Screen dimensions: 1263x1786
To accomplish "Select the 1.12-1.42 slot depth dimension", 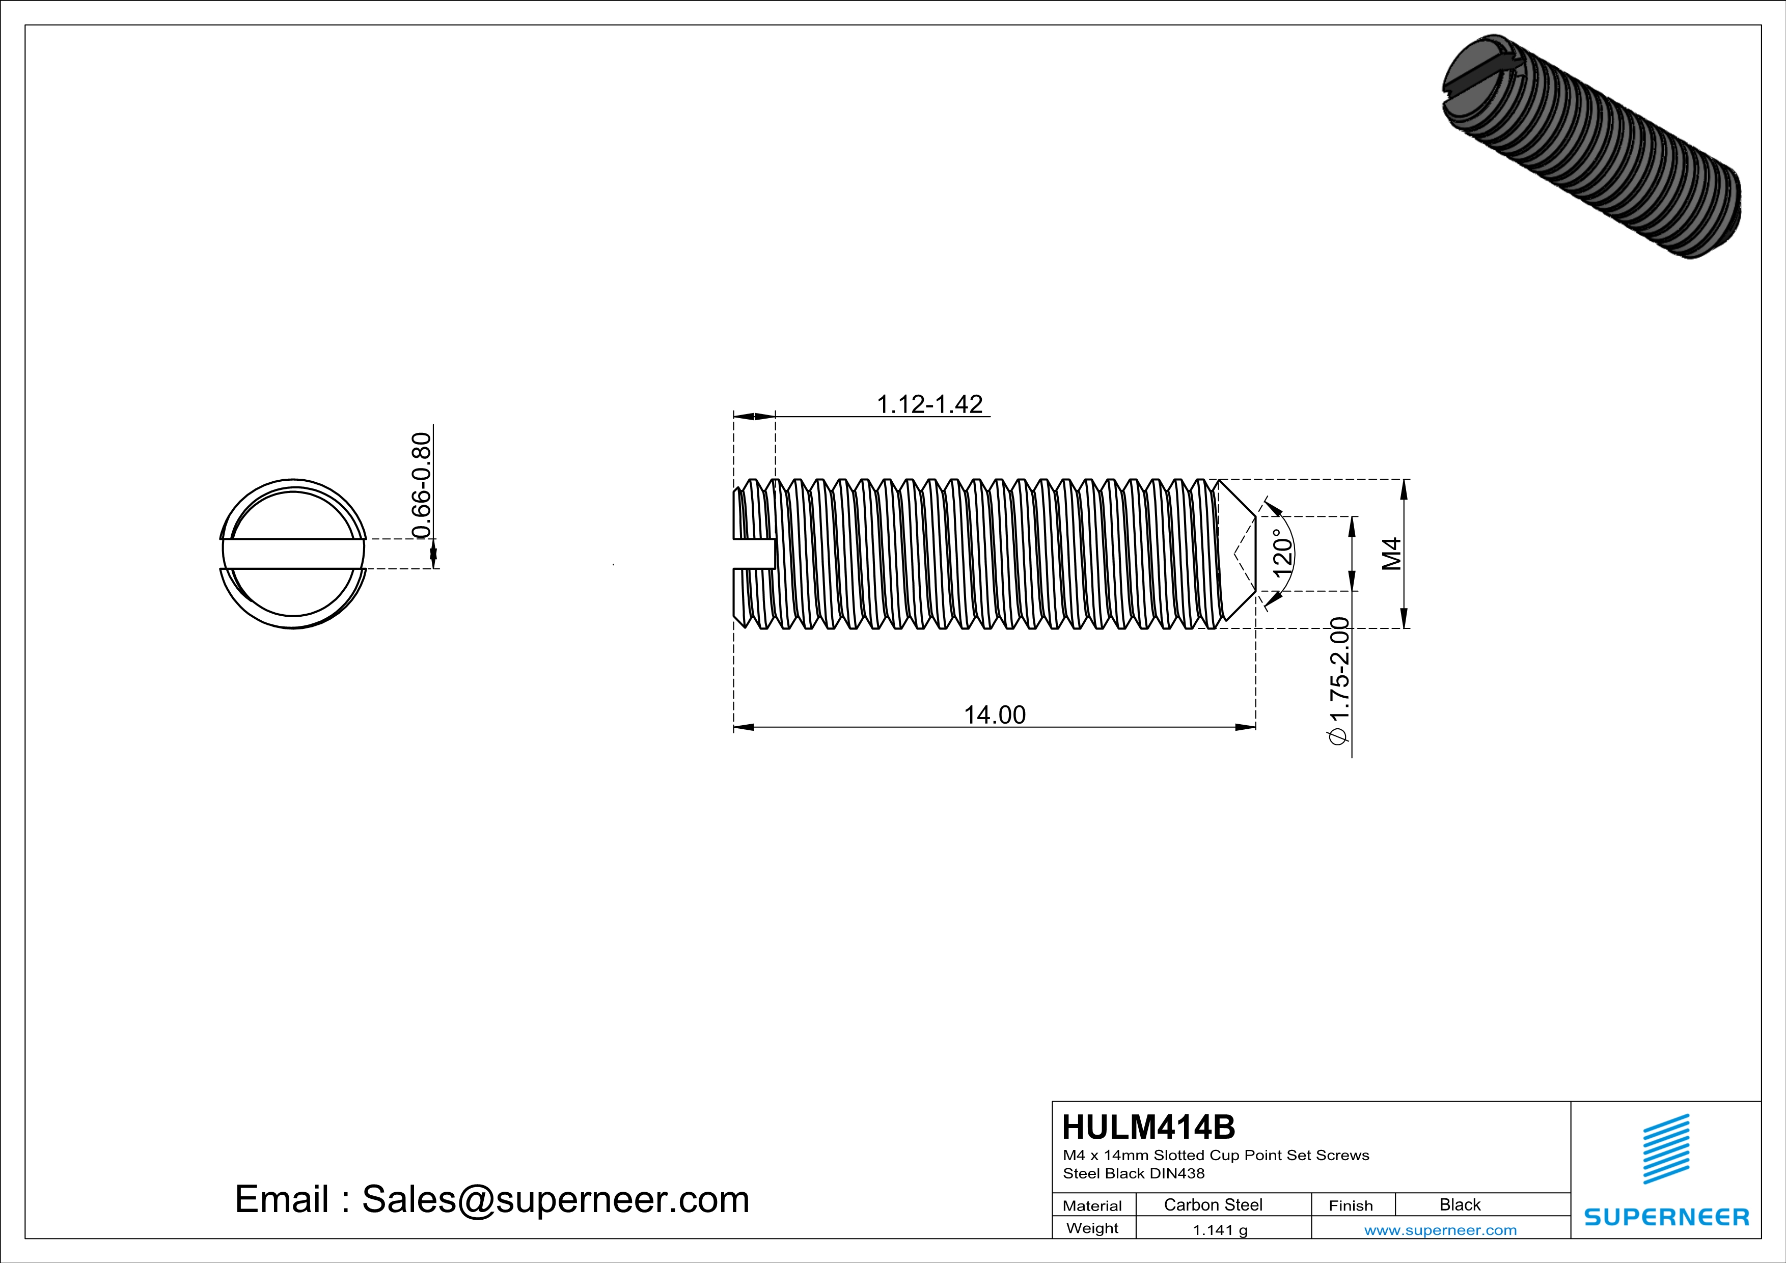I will click(929, 404).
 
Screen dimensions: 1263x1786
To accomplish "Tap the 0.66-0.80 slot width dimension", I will click(421, 485).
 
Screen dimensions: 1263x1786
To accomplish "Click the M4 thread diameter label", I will click(1392, 553).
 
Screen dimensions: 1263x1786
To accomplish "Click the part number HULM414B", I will click(1148, 1127).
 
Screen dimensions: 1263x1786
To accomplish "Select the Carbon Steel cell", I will click(1213, 1204).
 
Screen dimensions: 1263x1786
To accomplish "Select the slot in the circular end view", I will click(293, 553).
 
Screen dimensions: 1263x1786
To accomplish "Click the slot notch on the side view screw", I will click(755, 553).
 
